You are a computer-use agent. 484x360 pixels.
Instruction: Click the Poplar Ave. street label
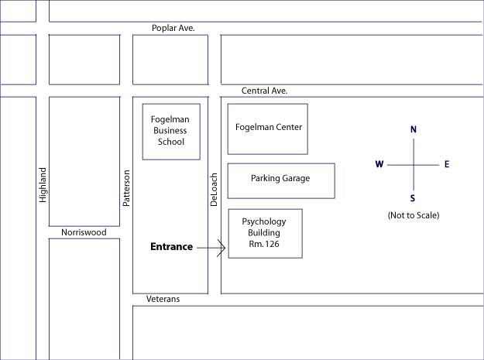(x=173, y=29)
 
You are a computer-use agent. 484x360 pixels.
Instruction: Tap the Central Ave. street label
(x=264, y=91)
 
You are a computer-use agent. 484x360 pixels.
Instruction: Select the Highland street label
(x=43, y=185)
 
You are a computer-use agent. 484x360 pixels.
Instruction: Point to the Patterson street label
(x=127, y=188)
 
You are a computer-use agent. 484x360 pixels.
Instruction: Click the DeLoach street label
(x=215, y=189)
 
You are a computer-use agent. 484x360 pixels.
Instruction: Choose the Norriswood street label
(x=84, y=231)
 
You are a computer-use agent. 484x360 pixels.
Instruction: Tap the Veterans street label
(x=163, y=299)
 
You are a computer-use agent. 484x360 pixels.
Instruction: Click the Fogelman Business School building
(x=170, y=131)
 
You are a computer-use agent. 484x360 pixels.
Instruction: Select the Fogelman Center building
(x=268, y=128)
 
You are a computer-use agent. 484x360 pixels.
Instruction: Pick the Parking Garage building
(x=280, y=179)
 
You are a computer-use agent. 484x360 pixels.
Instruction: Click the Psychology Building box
(x=265, y=232)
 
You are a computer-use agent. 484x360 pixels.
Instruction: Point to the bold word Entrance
(x=170, y=247)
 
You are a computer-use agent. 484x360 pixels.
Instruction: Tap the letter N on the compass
(x=414, y=129)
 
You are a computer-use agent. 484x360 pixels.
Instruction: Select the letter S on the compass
(x=413, y=197)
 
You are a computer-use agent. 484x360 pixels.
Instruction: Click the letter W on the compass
(x=379, y=164)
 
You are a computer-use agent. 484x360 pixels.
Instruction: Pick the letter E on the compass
(x=447, y=164)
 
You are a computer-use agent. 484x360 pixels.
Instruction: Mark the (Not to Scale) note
(x=413, y=215)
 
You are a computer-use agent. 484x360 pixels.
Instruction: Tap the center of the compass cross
(x=414, y=164)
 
